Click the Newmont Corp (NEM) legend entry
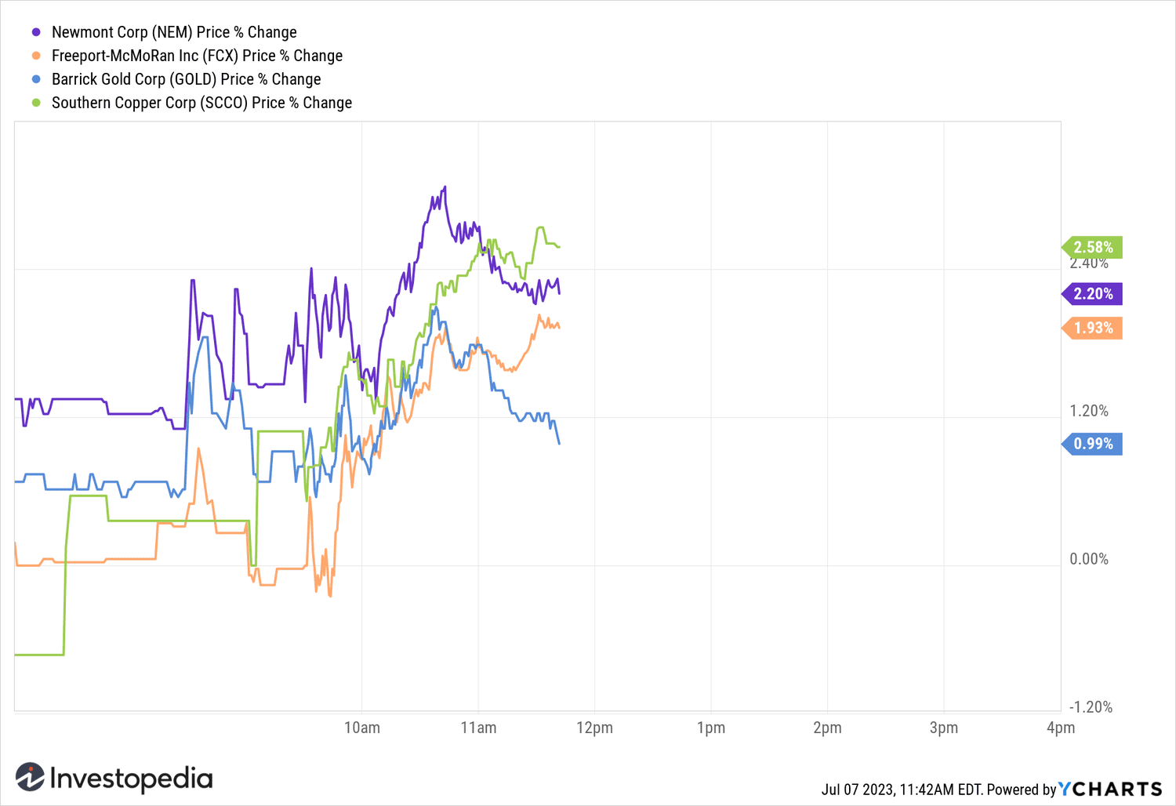[173, 32]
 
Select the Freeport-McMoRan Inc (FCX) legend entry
[197, 56]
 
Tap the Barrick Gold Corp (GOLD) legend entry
[186, 79]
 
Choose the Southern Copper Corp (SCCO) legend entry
[201, 103]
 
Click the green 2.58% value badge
[1093, 248]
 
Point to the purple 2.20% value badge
[1093, 294]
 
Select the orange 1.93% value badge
[1093, 328]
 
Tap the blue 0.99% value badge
[1093, 444]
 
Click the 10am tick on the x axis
[362, 728]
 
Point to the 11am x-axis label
[478, 728]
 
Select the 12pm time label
[594, 728]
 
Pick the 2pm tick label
[827, 728]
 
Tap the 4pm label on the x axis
[1060, 728]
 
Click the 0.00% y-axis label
[1089, 559]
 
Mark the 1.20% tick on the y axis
[1089, 411]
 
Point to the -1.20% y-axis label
[1091, 707]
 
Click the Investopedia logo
[114, 778]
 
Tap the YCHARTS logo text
[1110, 789]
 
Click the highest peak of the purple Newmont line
[445, 187]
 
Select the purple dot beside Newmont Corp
[36, 32]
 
